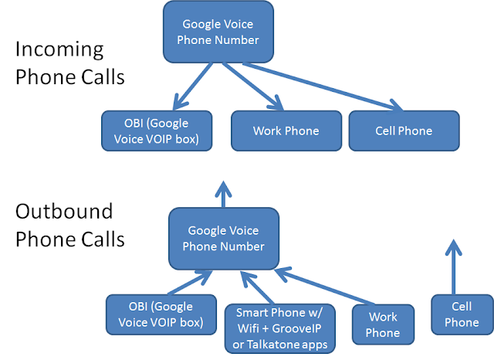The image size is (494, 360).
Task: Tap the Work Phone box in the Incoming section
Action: [285, 131]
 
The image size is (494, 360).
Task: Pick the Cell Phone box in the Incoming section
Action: [404, 131]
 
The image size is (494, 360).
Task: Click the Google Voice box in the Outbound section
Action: [223, 239]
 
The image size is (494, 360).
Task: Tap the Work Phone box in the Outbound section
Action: [382, 325]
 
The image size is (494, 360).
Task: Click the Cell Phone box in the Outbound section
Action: [462, 315]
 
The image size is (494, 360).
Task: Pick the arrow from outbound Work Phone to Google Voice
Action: [316, 286]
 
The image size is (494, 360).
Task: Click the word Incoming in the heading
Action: [59, 49]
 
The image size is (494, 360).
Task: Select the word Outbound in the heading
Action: [64, 212]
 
